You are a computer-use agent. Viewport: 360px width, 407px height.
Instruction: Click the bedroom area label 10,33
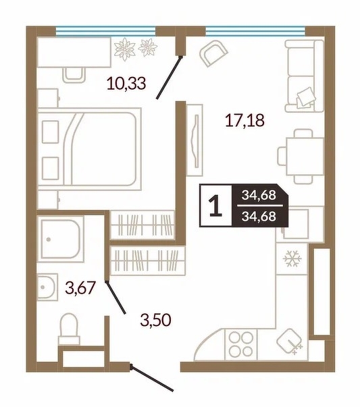[126, 84]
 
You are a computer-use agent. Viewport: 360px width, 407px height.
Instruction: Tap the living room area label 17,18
[245, 120]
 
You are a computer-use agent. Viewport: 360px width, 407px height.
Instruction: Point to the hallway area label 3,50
[155, 320]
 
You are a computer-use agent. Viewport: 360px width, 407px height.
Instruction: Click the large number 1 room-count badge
[215, 206]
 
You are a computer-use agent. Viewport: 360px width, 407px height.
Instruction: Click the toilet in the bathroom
[69, 329]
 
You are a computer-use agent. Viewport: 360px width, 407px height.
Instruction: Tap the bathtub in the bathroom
[61, 239]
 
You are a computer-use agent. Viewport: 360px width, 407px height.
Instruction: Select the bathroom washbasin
[47, 287]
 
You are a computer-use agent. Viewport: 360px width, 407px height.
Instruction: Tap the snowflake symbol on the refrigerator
[292, 259]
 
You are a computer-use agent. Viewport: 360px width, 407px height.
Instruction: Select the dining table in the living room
[305, 157]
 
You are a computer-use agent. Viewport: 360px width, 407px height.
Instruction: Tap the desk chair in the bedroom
[74, 75]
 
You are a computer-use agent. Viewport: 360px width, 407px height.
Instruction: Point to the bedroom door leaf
[169, 78]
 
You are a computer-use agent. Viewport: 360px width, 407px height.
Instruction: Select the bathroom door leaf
[115, 298]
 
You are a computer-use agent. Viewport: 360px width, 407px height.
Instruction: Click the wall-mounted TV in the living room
[196, 140]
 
